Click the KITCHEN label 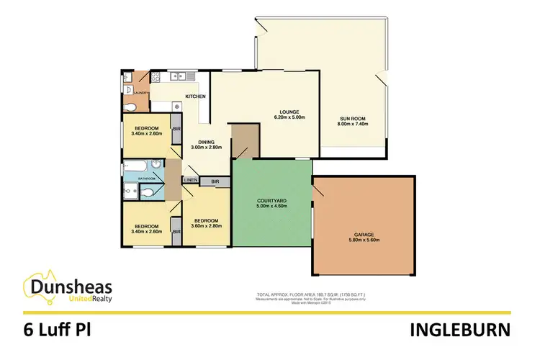tap(196, 96)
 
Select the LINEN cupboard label tap(190, 180)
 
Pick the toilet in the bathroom tap(148, 192)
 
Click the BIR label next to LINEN tap(215, 181)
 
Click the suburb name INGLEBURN tap(462, 330)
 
